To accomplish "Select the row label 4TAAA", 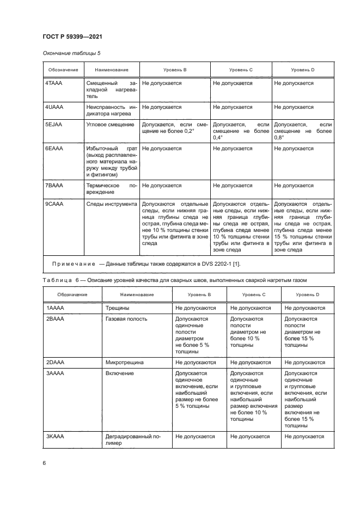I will tap(56, 83).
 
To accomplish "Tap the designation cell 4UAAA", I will tap(56, 107).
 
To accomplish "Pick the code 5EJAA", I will tap(55, 125).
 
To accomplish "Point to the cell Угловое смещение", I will tap(111, 125).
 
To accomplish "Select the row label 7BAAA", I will tap(56, 186).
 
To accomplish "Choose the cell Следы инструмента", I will tap(112, 204).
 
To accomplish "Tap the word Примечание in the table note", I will tap(74, 264).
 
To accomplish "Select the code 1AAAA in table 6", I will tap(56, 308).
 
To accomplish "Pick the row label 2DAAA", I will tap(56, 362).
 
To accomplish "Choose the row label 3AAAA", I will tap(56, 373).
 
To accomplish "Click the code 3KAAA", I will tap(56, 437).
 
